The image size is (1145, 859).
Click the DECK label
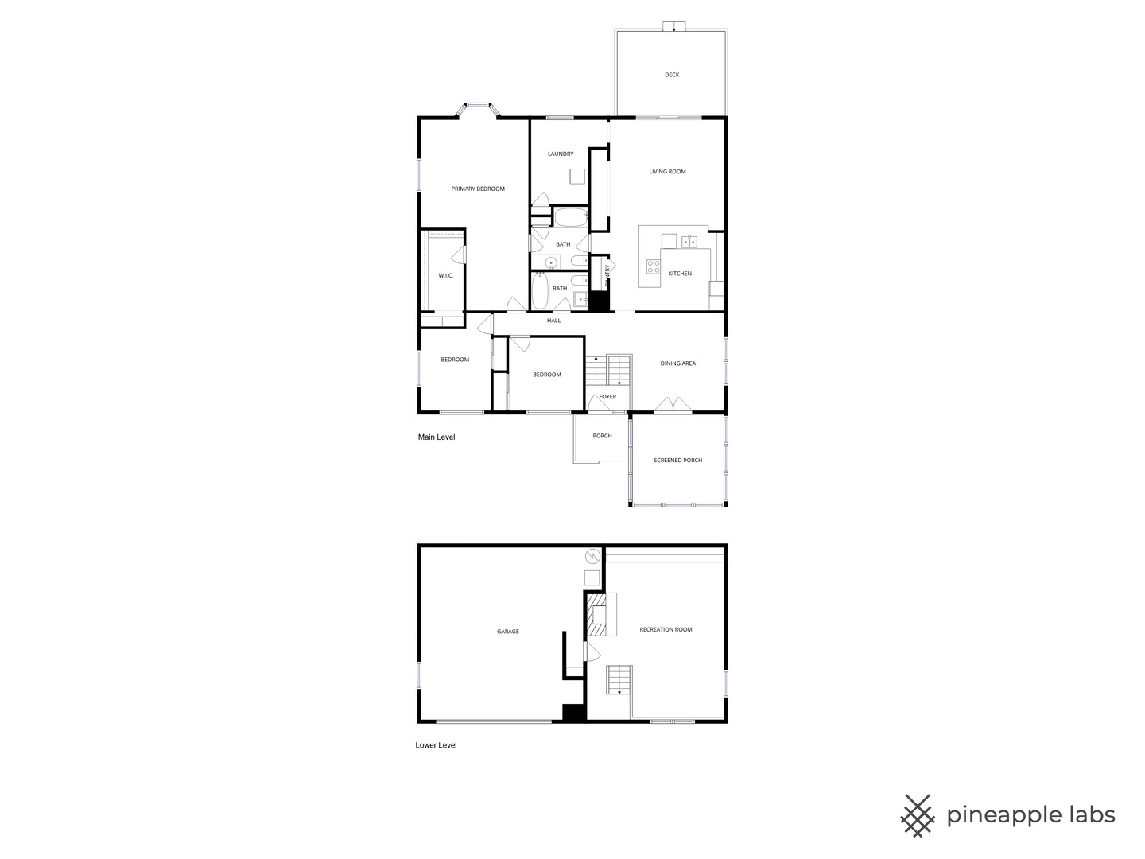tap(672, 75)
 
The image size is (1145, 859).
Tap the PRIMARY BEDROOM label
tap(478, 189)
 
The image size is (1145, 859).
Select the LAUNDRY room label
tap(561, 154)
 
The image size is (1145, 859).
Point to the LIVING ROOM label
tap(667, 172)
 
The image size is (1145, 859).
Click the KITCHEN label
tap(680, 274)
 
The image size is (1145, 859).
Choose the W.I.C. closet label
tap(445, 276)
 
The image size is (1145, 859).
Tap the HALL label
tap(554, 321)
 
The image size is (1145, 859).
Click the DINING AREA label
tap(677, 363)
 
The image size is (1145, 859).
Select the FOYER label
tap(607, 397)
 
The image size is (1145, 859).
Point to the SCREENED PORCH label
tap(677, 461)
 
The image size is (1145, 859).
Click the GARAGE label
tap(508, 632)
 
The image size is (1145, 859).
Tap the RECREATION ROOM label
tap(666, 629)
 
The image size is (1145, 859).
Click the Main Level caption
tap(437, 437)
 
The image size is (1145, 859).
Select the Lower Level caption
tap(436, 745)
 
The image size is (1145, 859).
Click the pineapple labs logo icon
tap(918, 815)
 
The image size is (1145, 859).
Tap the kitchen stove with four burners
tap(653, 266)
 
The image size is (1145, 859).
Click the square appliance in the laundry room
tap(577, 177)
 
